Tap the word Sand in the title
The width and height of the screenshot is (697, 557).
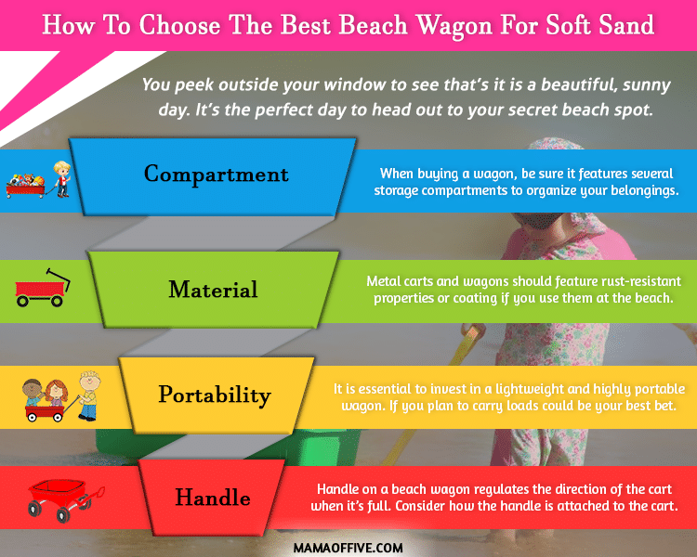click(626, 25)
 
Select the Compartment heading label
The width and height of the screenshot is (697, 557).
click(216, 175)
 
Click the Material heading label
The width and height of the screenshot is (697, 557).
click(213, 289)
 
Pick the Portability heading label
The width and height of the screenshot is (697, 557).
click(215, 395)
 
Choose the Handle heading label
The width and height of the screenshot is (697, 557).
click(213, 497)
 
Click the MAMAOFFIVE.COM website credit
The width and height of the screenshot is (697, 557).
click(348, 548)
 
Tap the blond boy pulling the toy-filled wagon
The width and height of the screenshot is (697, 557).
click(61, 179)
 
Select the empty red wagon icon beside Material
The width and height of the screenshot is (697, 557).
click(42, 288)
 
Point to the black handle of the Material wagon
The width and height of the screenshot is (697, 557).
click(59, 278)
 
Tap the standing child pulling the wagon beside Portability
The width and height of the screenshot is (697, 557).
click(89, 395)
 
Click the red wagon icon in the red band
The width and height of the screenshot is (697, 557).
click(66, 500)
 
